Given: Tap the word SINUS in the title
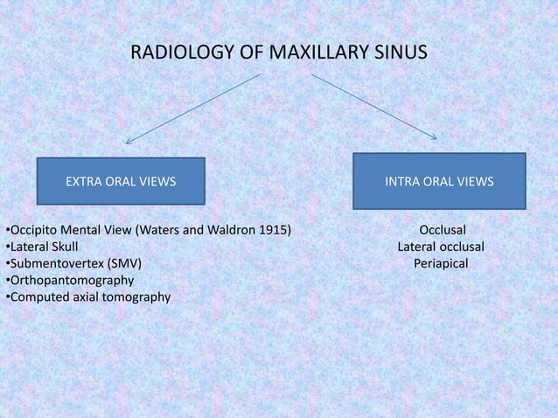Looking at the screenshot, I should (x=401, y=55).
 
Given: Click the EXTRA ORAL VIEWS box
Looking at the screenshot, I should (x=121, y=182).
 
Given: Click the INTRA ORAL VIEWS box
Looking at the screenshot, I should (x=439, y=182).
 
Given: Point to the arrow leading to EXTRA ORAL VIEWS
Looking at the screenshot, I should (x=192, y=108).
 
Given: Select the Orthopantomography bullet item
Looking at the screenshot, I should (x=71, y=280).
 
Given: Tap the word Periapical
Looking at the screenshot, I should (x=442, y=263).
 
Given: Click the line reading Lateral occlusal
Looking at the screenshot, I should (x=441, y=247).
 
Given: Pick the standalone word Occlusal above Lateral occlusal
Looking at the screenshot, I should (x=443, y=231).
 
